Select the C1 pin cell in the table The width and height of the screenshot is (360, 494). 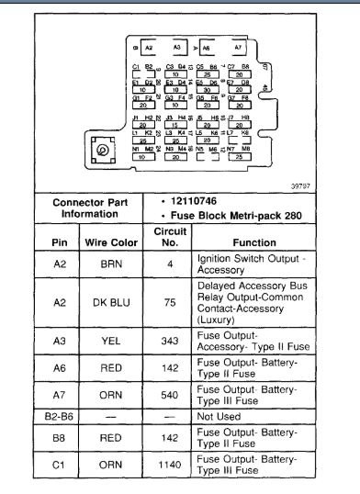[x=57, y=467]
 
